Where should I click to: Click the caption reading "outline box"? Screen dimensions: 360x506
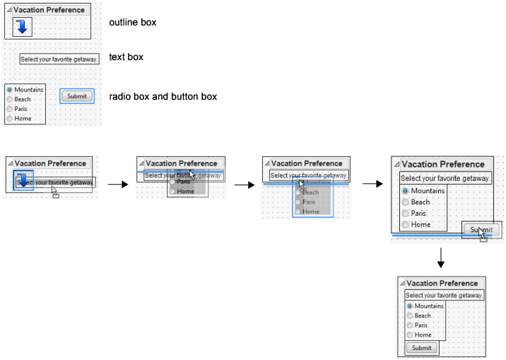(132, 23)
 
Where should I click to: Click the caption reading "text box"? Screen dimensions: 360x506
(126, 57)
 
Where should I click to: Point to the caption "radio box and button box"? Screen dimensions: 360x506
(163, 96)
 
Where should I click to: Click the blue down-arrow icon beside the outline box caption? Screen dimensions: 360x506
(23, 27)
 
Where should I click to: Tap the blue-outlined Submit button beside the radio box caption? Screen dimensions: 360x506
(76, 96)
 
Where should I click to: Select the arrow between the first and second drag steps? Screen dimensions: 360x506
(117, 185)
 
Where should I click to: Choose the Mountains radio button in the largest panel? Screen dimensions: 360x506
(406, 191)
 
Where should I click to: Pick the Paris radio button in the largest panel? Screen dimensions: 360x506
(406, 214)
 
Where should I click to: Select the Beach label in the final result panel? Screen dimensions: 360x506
(423, 315)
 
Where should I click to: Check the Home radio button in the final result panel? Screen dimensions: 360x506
(410, 335)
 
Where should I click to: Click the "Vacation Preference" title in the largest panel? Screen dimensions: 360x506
(442, 164)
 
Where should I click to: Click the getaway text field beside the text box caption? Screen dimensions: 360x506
(59, 59)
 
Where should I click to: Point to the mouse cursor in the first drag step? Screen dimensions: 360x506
(55, 192)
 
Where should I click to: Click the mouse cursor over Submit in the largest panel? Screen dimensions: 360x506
(483, 234)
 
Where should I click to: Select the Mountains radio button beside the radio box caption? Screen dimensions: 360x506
(9, 90)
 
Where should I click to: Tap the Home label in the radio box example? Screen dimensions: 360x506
(23, 119)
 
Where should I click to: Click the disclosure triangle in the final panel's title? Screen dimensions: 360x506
(403, 284)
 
